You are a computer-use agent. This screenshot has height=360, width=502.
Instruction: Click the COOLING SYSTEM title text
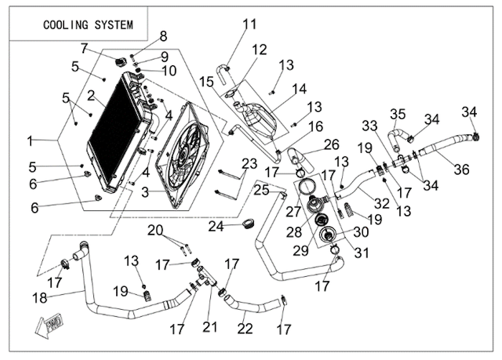(88, 24)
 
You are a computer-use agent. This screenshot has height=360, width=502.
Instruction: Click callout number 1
(30, 141)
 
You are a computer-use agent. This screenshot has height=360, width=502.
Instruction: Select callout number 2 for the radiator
(91, 95)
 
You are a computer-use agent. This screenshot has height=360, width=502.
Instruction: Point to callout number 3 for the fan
(146, 192)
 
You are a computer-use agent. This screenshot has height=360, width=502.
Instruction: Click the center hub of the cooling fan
(182, 156)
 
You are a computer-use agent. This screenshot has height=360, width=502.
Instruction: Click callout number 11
(250, 24)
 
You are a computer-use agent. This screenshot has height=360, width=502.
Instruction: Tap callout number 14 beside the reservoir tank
(299, 88)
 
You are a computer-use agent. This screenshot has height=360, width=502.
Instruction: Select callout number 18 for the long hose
(39, 298)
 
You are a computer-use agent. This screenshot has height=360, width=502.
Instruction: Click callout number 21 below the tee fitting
(210, 327)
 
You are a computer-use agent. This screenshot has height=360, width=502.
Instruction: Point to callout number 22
(245, 328)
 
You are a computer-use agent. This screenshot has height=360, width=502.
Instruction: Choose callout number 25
(262, 190)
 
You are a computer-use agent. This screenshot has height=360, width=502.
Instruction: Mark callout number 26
(331, 144)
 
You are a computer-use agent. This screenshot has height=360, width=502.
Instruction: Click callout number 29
(300, 251)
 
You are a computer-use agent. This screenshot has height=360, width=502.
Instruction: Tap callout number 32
(382, 203)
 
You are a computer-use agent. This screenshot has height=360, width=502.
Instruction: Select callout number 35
(398, 114)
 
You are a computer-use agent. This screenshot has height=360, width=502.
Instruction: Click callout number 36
(462, 169)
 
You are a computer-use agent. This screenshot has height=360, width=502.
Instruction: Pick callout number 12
(259, 49)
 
